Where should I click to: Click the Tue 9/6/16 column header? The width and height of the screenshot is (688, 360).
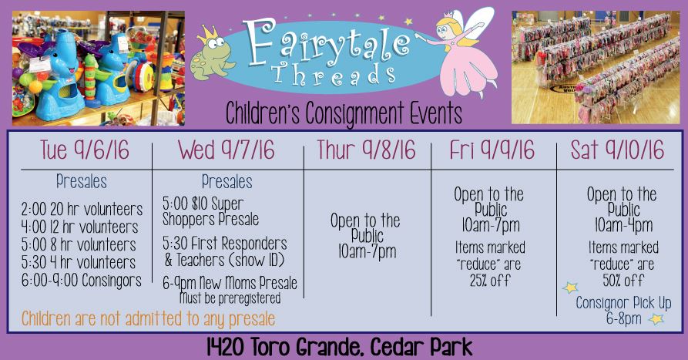click(x=85, y=150)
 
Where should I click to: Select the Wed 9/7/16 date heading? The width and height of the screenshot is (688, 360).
click(x=227, y=150)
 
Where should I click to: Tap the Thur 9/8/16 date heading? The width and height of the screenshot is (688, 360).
click(x=367, y=150)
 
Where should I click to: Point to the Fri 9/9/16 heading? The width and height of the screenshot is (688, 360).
click(x=492, y=150)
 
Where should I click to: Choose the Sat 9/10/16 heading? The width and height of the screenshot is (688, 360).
click(x=617, y=150)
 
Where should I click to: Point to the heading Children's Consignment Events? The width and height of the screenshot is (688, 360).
click(x=344, y=113)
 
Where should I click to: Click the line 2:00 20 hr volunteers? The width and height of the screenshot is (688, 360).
click(x=82, y=210)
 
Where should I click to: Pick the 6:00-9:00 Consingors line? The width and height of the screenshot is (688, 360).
click(x=82, y=280)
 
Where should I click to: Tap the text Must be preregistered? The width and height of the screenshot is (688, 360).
click(x=230, y=298)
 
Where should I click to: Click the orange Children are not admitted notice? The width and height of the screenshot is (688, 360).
click(x=148, y=318)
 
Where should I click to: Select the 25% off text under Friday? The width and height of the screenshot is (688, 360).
click(x=490, y=280)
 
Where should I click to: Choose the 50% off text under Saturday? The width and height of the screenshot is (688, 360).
click(x=623, y=280)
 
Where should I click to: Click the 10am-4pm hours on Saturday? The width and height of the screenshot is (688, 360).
click(x=623, y=225)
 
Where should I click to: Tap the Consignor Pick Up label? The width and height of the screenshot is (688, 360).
click(x=623, y=303)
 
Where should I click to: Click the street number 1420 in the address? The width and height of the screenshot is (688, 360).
click(x=225, y=347)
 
